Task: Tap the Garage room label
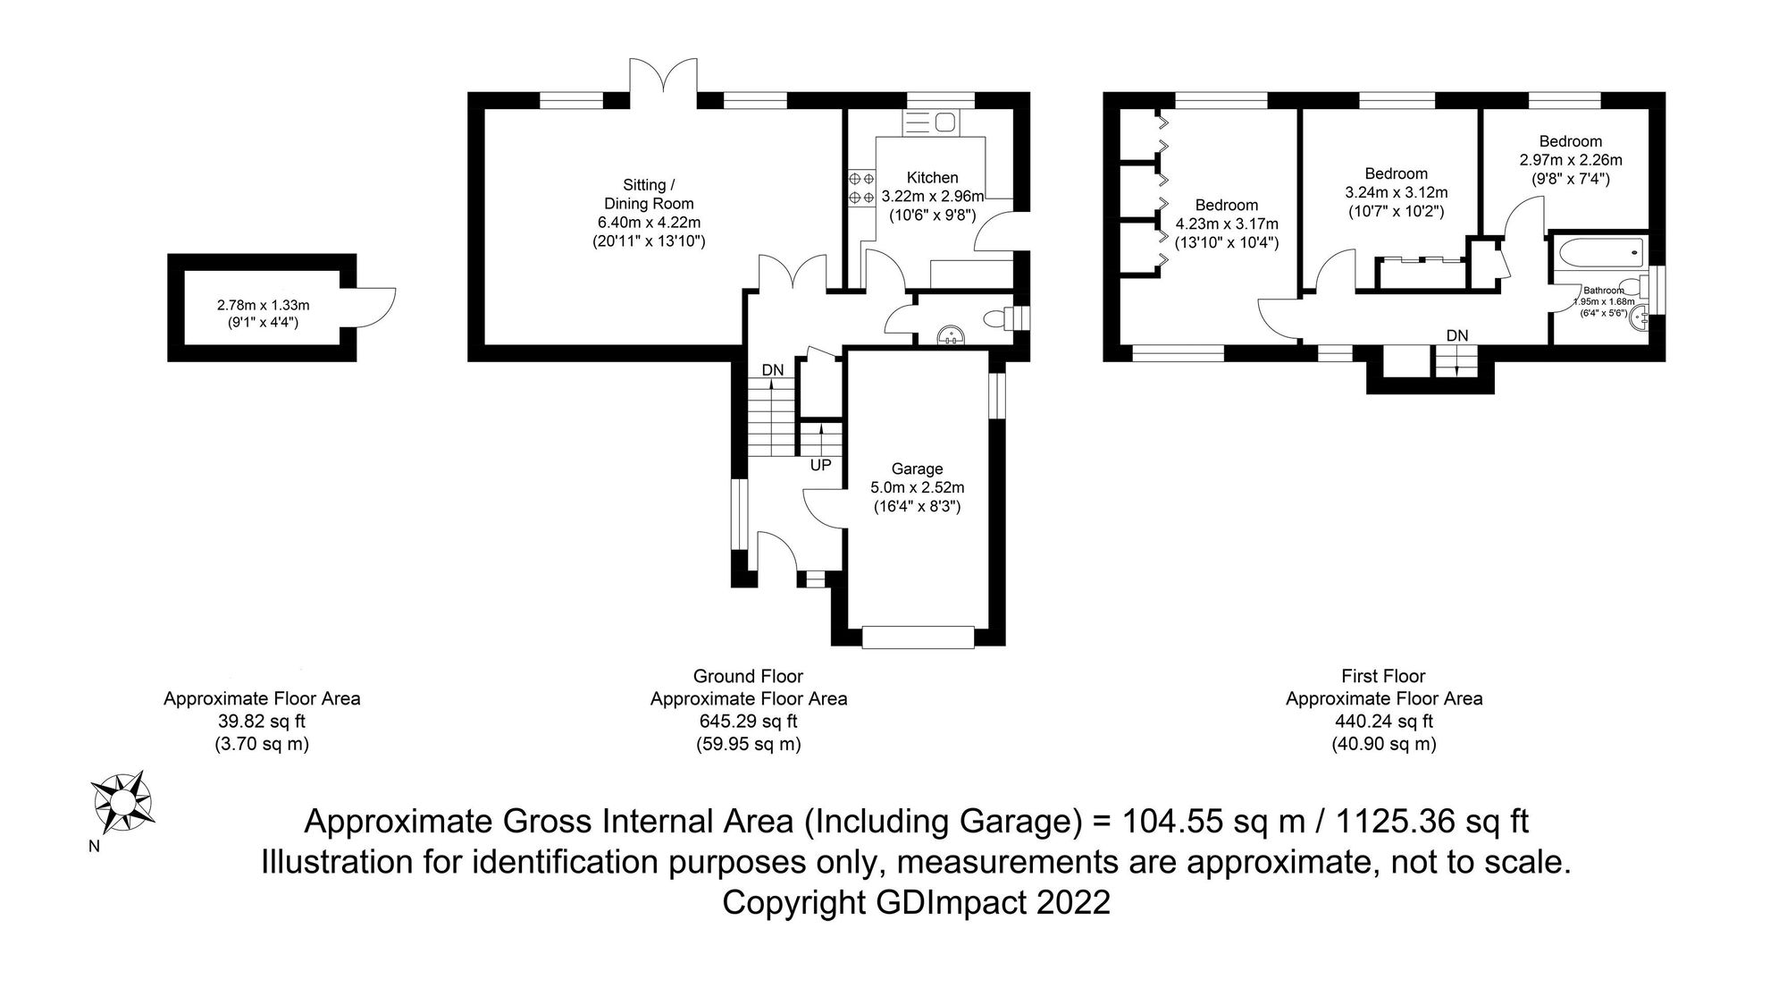(917, 469)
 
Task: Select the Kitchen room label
(932, 178)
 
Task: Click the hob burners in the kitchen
(861, 187)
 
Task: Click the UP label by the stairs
(820, 466)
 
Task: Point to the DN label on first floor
(1457, 335)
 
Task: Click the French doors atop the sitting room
(663, 76)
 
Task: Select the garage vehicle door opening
(918, 637)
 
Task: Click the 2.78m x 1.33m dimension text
(263, 306)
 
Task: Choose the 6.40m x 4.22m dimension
(650, 223)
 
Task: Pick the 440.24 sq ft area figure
(1384, 722)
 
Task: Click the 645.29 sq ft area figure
(748, 722)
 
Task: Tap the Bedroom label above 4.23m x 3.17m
(1227, 205)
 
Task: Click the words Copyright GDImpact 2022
(916, 902)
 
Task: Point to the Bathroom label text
(1604, 291)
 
